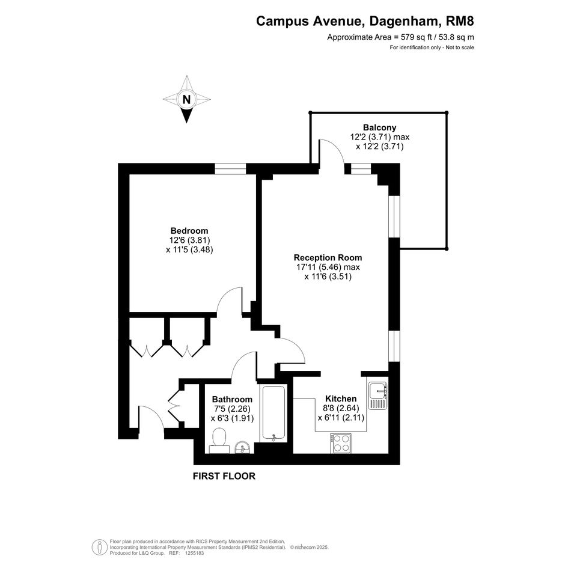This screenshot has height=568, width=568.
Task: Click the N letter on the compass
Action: click(186, 99)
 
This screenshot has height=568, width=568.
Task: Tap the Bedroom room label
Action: click(189, 231)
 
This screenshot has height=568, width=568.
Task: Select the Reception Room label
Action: click(328, 258)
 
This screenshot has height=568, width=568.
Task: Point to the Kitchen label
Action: click(341, 399)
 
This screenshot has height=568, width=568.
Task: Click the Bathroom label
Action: click(232, 399)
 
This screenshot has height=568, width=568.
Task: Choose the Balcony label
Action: click(380, 127)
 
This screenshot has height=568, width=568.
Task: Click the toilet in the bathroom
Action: click(219, 441)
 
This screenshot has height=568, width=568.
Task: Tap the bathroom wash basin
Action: click(243, 447)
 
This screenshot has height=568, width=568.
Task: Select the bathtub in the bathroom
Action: click(274, 414)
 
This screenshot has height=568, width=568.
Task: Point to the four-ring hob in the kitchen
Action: click(341, 443)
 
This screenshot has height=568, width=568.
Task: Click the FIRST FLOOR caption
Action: click(224, 476)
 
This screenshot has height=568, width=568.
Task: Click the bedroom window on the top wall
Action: click(230, 169)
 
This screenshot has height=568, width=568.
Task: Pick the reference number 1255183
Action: click(195, 554)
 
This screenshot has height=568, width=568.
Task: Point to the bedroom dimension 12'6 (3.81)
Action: click(189, 240)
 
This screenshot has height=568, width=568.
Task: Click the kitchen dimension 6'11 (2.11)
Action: click(341, 418)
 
